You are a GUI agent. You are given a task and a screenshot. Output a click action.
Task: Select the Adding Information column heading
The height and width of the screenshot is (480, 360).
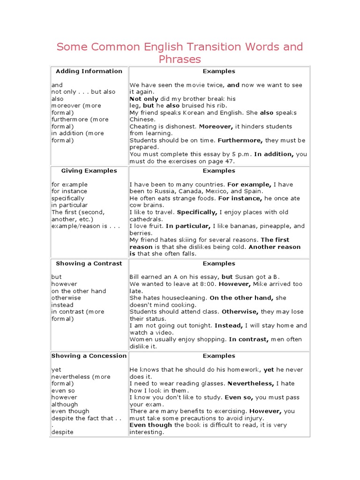click(89, 71)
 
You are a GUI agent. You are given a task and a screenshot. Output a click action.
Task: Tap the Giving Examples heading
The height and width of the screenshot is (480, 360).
click(89, 171)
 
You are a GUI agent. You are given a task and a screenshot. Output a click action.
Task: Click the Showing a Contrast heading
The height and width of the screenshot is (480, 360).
click(89, 263)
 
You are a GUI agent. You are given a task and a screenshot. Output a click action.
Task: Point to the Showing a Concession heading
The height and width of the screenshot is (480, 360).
click(89, 356)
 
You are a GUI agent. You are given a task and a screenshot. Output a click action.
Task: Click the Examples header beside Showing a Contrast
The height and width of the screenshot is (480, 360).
click(219, 263)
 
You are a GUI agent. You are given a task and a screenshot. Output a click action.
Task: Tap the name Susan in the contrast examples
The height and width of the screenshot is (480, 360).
click(245, 277)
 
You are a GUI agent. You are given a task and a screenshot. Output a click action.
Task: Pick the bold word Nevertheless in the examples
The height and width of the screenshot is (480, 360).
click(251, 383)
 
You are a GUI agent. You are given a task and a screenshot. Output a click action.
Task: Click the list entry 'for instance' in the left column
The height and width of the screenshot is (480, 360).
click(69, 191)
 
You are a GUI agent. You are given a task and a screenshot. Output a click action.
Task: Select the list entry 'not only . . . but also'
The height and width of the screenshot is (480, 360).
click(83, 92)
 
